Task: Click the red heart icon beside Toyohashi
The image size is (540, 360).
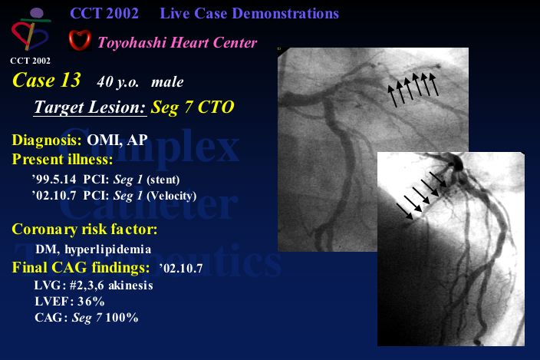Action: (x=80, y=41)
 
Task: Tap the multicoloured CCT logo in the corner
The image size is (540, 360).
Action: (x=31, y=30)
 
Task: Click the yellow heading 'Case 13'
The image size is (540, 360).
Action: (x=47, y=80)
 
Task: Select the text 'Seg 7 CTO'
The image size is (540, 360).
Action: (x=193, y=107)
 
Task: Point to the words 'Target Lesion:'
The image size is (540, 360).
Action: (x=91, y=107)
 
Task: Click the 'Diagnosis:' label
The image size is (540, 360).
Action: (x=47, y=140)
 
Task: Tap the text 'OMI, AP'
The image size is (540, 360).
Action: (x=117, y=140)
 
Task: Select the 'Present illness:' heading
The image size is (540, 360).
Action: (x=62, y=160)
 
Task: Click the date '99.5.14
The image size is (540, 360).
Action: (x=54, y=180)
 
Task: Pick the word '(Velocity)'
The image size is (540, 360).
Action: (x=172, y=196)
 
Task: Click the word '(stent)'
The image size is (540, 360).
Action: (x=163, y=180)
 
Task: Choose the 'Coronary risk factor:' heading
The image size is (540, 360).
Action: (x=84, y=230)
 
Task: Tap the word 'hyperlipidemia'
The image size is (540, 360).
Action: (x=108, y=249)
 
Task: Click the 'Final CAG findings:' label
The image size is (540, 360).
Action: (x=81, y=268)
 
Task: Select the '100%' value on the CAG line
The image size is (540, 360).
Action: (x=122, y=318)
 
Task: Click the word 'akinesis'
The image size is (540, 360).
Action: (x=131, y=286)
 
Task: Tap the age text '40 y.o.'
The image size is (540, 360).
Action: (x=118, y=82)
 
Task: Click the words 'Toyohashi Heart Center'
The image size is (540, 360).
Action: (x=177, y=43)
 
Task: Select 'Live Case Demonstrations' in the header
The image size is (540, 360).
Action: (x=249, y=14)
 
